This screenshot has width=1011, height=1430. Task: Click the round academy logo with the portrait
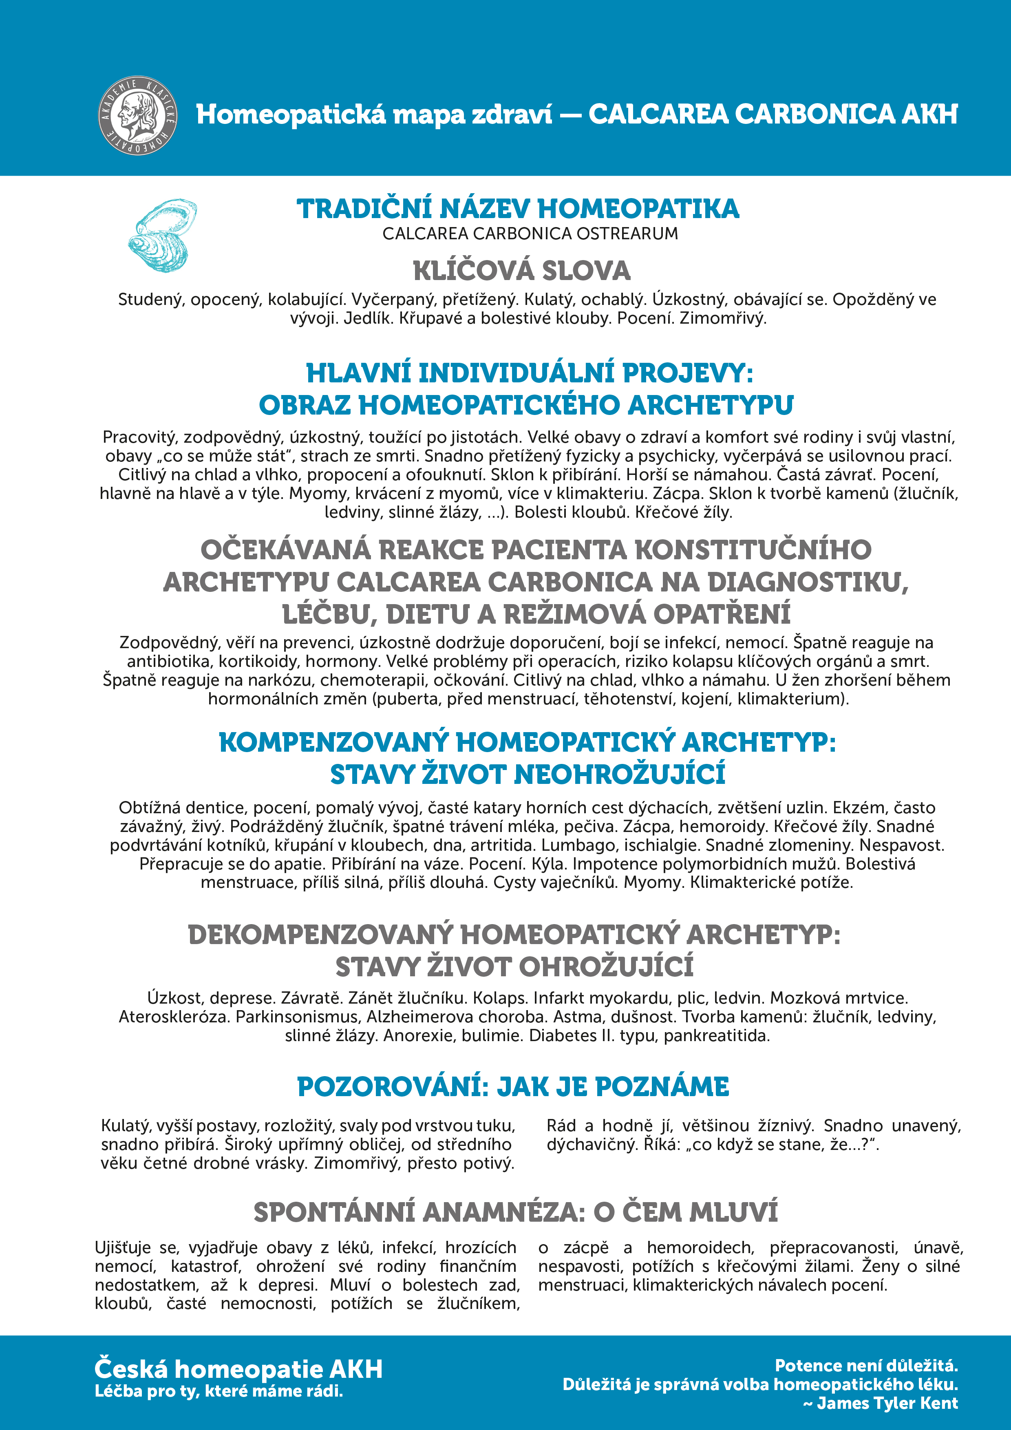(x=138, y=116)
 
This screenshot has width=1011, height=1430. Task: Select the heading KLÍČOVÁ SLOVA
(x=521, y=271)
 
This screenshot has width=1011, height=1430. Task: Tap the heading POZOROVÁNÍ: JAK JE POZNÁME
(x=513, y=1087)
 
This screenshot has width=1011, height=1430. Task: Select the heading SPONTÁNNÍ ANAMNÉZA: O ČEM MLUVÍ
(x=516, y=1212)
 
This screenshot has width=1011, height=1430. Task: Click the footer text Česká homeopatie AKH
(x=238, y=1369)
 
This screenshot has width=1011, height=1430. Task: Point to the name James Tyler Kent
(x=887, y=1403)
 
